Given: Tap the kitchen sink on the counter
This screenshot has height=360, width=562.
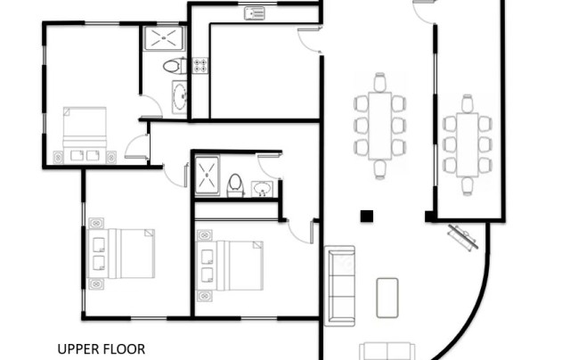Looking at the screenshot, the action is [x=255, y=13].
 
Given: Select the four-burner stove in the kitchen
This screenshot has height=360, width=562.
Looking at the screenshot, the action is [x=200, y=66].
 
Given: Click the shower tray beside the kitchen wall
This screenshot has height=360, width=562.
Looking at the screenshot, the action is [x=165, y=38].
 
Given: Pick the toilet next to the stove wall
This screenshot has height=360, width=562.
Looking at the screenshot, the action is [x=175, y=66].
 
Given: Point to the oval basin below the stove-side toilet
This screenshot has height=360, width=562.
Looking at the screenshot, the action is [x=180, y=97].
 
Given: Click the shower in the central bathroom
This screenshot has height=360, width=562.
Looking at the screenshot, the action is [x=208, y=176].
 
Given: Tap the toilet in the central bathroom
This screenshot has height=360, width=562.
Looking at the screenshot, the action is [x=235, y=185].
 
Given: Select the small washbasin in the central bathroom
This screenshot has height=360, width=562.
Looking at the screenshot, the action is [x=262, y=189].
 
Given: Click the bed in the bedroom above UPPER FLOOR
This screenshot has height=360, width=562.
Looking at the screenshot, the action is [x=122, y=253].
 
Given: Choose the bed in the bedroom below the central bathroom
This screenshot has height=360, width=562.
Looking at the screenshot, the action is [x=230, y=266].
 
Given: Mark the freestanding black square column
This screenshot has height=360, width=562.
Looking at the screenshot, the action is [x=367, y=217].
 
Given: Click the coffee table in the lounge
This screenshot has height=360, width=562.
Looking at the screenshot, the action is [x=387, y=298].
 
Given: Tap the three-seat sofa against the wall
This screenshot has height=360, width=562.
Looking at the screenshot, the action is [x=339, y=286].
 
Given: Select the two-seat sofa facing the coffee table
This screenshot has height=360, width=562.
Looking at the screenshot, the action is [x=387, y=351].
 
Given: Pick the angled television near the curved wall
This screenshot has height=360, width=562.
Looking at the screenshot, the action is [x=463, y=237].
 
